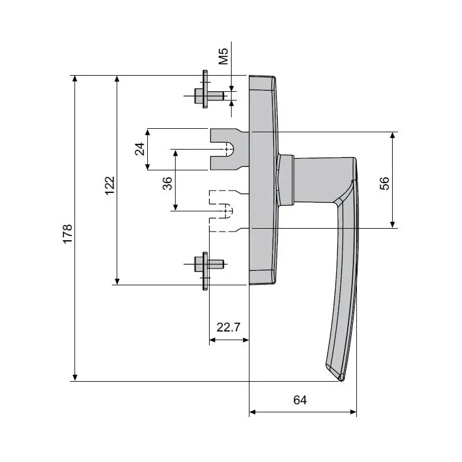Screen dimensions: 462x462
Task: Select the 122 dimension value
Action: pyautogui.click(x=110, y=186)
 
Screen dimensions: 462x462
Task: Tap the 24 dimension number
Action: pyautogui.click(x=139, y=149)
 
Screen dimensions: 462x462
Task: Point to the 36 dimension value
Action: pyautogui.click(x=167, y=184)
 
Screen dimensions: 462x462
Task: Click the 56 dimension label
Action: pyautogui.click(x=385, y=183)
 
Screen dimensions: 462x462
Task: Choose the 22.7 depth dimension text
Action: pyautogui.click(x=228, y=327)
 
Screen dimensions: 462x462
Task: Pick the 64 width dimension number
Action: pyautogui.click(x=300, y=400)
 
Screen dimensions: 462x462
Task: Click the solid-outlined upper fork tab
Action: pyautogui.click(x=226, y=149)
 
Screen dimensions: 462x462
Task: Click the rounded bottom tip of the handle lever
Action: pyautogui.click(x=341, y=378)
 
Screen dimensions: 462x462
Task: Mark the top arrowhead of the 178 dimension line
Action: pyautogui.click(x=74, y=79)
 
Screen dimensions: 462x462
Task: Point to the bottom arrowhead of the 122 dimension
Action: pyautogui.click(x=117, y=281)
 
